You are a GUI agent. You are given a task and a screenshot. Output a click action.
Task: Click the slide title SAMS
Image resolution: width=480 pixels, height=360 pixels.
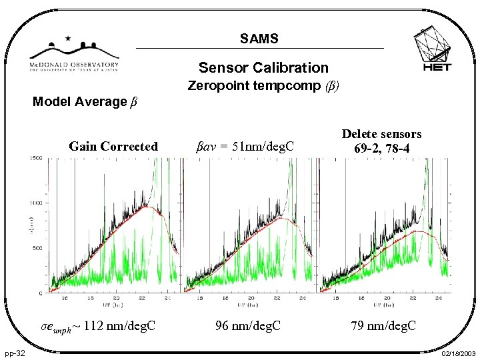tap(259, 39)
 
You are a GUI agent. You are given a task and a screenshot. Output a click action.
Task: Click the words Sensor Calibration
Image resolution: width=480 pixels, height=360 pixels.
tap(263, 67)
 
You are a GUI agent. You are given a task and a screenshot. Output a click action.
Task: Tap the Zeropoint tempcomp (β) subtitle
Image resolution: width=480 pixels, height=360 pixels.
tap(263, 86)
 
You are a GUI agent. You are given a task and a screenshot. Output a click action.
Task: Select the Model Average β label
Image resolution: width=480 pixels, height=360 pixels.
tap(85, 101)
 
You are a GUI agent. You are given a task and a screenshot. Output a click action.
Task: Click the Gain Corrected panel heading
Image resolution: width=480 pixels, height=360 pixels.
tap(113, 146)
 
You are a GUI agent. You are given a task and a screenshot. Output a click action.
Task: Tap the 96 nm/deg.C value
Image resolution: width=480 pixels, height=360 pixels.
tap(247, 326)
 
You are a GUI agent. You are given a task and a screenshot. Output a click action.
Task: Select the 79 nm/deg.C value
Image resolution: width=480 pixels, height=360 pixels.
tap(384, 326)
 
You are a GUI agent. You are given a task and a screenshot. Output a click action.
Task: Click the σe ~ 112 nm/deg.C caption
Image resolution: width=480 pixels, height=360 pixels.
tap(99, 327)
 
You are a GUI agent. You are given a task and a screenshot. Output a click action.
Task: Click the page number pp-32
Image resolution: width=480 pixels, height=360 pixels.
tap(17, 353)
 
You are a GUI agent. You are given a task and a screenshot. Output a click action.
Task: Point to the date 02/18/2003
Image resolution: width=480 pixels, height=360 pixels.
tap(458, 353)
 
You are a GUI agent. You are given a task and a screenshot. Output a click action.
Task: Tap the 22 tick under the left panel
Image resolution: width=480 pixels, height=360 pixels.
tap(142, 298)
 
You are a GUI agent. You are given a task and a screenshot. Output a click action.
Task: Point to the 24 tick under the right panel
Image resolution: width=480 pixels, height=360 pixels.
tap(437, 298)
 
